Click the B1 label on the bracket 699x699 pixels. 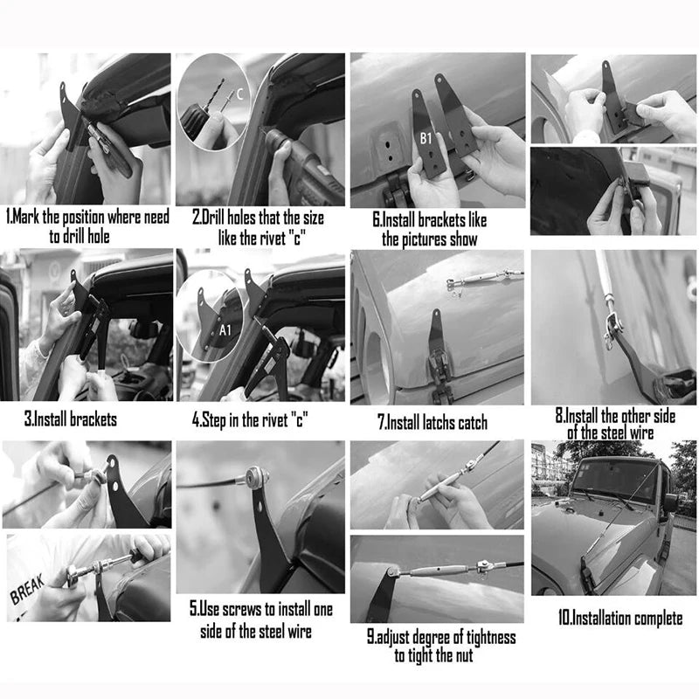click(x=426, y=139)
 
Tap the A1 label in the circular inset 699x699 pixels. click(x=225, y=330)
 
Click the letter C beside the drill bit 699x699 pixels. click(x=239, y=94)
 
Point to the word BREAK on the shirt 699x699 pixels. click(x=27, y=589)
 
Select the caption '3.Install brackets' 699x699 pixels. click(x=71, y=419)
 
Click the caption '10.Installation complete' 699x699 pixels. click(x=620, y=619)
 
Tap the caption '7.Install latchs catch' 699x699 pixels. click(x=432, y=422)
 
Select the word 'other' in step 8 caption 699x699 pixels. click(x=637, y=416)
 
